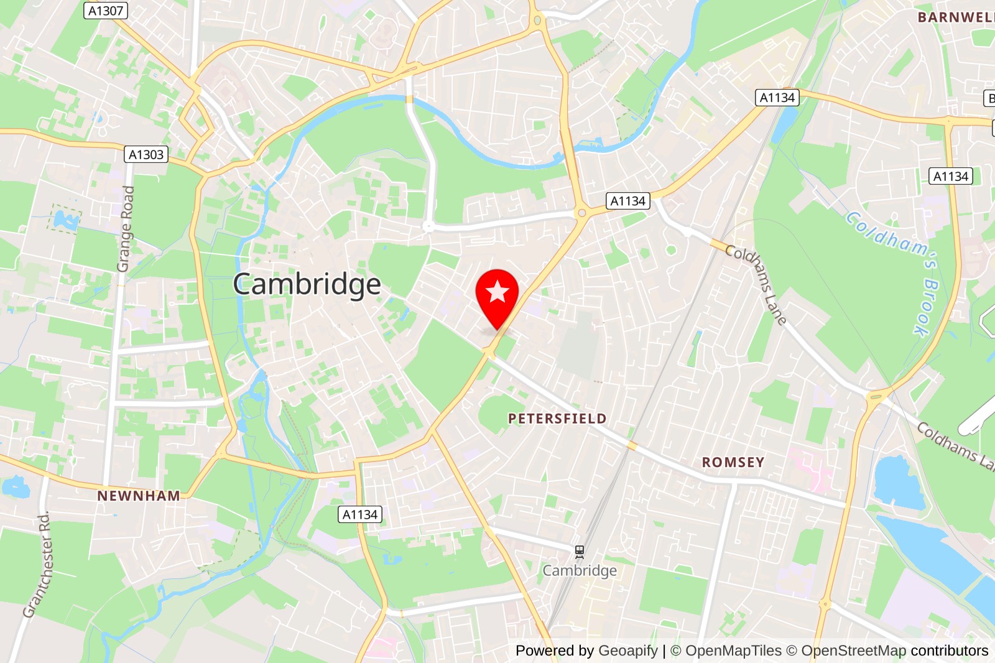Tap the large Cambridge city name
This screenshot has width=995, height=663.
click(307, 284)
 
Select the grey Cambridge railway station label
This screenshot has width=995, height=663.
click(580, 570)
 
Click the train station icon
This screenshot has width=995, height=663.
click(580, 551)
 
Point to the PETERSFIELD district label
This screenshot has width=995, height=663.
click(557, 419)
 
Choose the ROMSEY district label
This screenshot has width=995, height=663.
click(733, 462)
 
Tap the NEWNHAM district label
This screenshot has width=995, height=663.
click(139, 496)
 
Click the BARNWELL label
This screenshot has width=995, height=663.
click(955, 17)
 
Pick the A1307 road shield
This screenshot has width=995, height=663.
click(106, 11)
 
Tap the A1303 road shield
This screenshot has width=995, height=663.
click(146, 154)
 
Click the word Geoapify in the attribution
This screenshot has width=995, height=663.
click(627, 651)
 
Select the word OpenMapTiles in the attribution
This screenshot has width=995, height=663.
click(733, 651)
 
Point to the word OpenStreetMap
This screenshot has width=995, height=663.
click(853, 651)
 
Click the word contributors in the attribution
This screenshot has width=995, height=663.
click(949, 651)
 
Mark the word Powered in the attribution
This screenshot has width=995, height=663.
click(545, 651)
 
